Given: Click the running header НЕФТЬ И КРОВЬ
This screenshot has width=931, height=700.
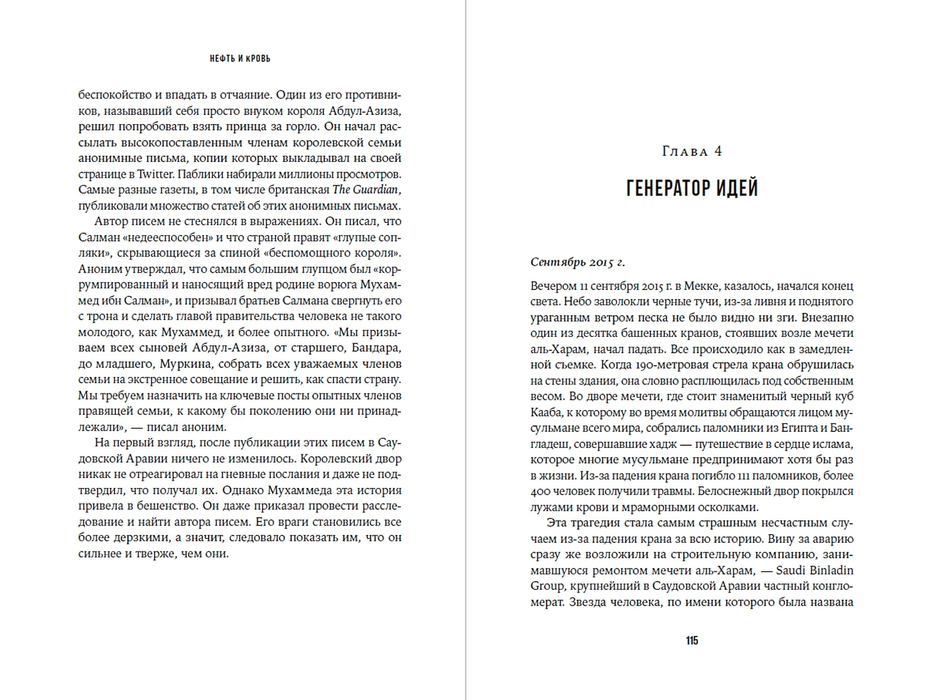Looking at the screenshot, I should (240, 59).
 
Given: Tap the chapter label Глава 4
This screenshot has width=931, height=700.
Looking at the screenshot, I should (691, 151).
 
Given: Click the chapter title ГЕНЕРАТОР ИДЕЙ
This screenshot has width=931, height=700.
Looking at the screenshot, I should (691, 189).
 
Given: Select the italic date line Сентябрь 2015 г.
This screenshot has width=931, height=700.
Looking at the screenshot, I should (577, 262).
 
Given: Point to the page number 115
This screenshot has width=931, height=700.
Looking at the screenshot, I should (691, 641).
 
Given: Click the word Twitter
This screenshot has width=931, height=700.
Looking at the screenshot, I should (156, 174).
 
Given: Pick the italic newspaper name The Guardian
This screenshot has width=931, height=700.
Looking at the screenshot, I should (366, 190).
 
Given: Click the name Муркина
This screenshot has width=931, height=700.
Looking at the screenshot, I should (183, 364).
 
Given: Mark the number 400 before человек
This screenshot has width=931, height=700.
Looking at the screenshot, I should (539, 492).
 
